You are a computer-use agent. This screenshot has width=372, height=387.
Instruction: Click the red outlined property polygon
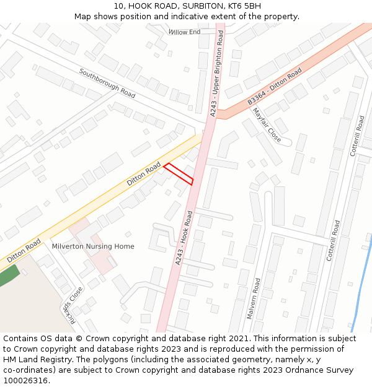tap(179, 173)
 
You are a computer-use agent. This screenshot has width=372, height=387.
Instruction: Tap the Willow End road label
tap(185, 32)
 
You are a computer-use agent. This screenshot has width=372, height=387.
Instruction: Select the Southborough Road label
tap(107, 83)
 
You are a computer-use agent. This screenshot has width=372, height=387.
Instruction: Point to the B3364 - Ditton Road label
tap(274, 87)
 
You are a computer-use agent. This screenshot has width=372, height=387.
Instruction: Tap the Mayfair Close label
tap(267, 125)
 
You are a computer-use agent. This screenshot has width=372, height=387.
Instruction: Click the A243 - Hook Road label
tap(184, 238)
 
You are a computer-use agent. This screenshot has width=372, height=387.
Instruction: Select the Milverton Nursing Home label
tap(93, 246)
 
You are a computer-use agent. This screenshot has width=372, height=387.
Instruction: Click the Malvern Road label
tap(254, 298)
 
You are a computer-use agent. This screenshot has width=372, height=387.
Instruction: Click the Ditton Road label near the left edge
tap(24, 250)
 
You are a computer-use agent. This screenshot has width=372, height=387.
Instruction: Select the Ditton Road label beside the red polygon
tap(144, 174)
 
